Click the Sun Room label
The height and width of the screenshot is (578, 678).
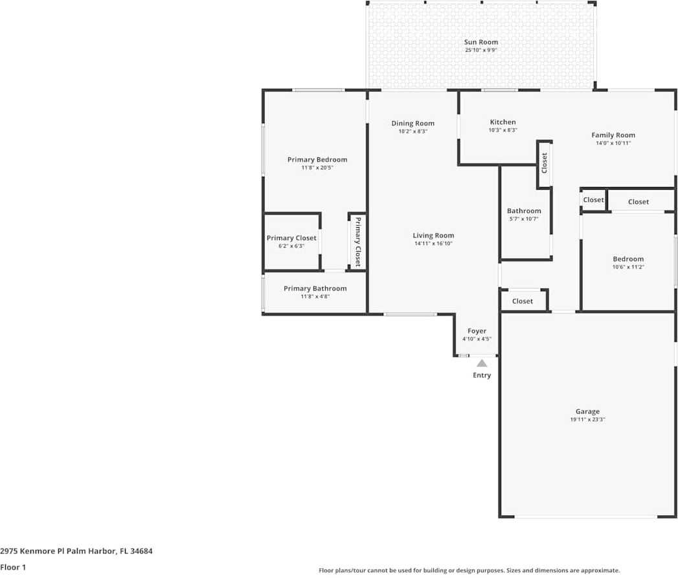(481, 42)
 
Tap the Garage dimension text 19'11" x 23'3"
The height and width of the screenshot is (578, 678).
(587, 420)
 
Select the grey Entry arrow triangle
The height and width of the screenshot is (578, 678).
(482, 363)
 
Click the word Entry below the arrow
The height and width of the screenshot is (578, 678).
(482, 375)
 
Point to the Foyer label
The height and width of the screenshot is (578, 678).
(477, 331)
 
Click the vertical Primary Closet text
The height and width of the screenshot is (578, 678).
(357, 241)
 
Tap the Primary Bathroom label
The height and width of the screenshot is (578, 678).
(315, 289)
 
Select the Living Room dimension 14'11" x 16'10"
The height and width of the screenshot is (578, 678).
(433, 244)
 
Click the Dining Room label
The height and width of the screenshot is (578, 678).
(412, 123)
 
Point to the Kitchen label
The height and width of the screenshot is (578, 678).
(503, 122)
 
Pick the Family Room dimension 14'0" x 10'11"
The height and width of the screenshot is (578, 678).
(613, 143)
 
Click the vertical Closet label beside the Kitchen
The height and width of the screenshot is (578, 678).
(544, 162)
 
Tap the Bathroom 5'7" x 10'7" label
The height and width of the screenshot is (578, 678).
(523, 211)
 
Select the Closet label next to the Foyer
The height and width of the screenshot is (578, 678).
(522, 301)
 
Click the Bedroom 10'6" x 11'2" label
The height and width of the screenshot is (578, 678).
(627, 259)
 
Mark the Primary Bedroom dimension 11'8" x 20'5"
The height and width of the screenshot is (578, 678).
(317, 168)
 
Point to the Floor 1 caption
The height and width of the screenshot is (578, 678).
(14, 567)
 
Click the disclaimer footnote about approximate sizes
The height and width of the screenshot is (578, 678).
(469, 570)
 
